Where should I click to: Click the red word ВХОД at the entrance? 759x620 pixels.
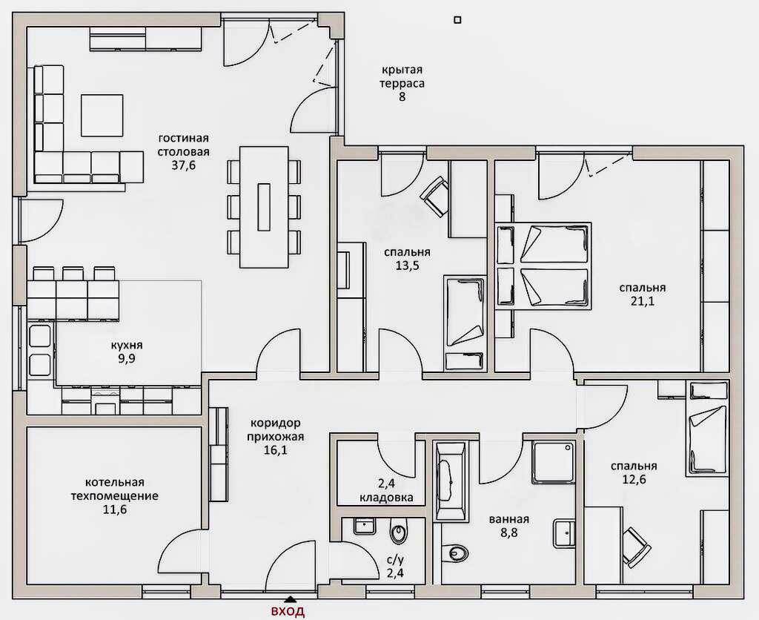[288, 611]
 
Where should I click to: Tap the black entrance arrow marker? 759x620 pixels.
[290, 598]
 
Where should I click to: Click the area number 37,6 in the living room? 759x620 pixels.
[184, 165]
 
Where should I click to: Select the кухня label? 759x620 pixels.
[127, 346]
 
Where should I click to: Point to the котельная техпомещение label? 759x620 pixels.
[115, 489]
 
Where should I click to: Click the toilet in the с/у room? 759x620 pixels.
[399, 532]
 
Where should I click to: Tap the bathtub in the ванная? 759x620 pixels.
[450, 481]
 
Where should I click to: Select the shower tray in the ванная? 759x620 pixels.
[553, 461]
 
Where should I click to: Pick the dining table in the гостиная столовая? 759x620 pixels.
[264, 207]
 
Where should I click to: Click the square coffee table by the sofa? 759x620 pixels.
[102, 115]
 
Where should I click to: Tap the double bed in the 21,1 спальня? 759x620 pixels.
[543, 266]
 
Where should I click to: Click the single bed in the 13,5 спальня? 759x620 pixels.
[465, 323]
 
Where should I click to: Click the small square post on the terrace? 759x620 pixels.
[457, 20]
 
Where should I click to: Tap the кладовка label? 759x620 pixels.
[386, 498]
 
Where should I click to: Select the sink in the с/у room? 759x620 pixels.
[363, 526]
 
